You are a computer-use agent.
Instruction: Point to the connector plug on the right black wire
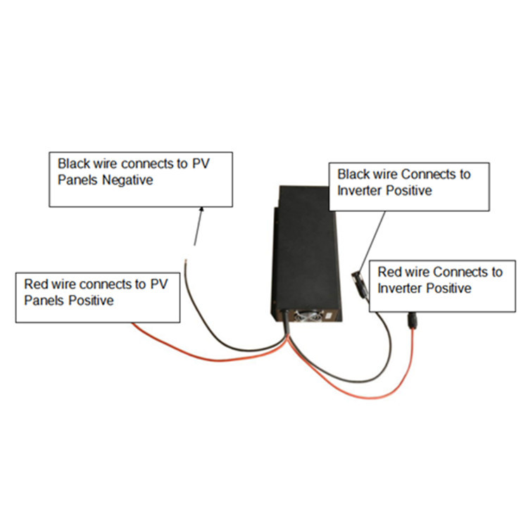pos(357,281)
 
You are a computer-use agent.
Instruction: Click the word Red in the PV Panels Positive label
pos(36,285)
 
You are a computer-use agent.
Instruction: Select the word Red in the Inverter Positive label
pos(389,272)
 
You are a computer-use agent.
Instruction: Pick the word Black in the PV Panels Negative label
pos(73,163)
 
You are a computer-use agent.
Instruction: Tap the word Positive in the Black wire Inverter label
pos(407,190)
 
